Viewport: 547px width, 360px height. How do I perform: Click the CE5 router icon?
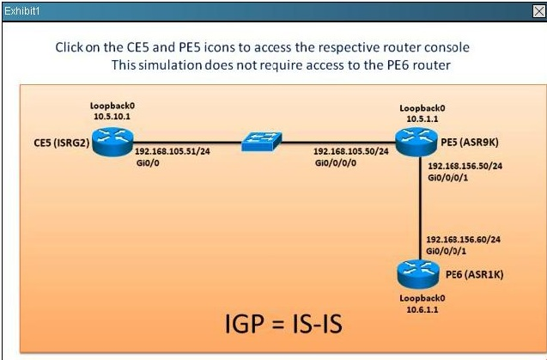tap(112, 142)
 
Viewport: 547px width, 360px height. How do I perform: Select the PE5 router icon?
tap(416, 142)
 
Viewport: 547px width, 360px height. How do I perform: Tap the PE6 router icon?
tap(418, 274)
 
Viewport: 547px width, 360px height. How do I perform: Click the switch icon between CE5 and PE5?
tap(261, 141)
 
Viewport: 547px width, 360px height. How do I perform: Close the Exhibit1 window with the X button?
tap(539, 11)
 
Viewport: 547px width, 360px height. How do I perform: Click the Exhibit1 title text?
tap(21, 11)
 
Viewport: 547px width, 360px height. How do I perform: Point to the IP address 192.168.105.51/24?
tap(173, 151)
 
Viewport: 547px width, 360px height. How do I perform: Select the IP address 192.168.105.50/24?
tap(351, 151)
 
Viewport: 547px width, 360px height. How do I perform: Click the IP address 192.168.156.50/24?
tap(465, 166)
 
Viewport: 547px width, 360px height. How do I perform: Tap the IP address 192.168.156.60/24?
tap(464, 240)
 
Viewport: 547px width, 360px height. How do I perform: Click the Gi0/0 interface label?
tap(148, 162)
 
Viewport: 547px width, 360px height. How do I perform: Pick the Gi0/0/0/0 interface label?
tap(336, 162)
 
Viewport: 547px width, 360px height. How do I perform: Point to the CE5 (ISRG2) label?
tap(62, 143)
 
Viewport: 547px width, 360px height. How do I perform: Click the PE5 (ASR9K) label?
tap(470, 142)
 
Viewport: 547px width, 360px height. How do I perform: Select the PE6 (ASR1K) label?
tap(474, 274)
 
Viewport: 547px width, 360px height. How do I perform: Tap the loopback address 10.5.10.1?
tap(112, 116)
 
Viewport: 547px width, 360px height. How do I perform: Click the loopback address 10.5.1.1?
tap(422, 119)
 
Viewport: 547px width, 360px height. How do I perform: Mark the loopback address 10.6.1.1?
tap(422, 309)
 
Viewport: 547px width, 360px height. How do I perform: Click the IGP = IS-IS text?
tap(283, 324)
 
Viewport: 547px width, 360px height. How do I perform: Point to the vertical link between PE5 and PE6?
tap(420, 209)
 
